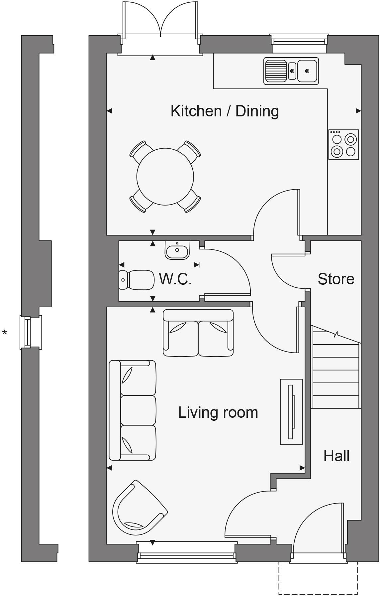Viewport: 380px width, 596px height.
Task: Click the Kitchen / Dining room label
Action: coord(225,111)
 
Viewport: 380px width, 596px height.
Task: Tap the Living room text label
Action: coord(218,412)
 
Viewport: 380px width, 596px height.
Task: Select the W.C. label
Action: coord(175,279)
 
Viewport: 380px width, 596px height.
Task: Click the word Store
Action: coord(336,279)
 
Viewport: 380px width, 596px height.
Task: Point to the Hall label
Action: coord(336,456)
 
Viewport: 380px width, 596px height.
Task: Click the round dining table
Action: coord(165,176)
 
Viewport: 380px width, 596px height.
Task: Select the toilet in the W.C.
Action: coord(137,280)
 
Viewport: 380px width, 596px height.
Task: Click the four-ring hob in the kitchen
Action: coord(344,145)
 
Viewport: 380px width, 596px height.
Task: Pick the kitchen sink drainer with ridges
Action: coord(276,71)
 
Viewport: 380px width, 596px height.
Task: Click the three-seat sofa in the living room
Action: coord(132,410)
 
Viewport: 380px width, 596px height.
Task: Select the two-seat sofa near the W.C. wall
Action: coord(198,333)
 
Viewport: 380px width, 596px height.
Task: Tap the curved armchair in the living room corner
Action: coord(138,509)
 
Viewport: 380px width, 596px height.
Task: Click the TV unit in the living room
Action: coord(291,412)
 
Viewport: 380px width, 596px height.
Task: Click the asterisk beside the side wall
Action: coord(5,333)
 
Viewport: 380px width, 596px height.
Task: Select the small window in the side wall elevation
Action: coord(31,332)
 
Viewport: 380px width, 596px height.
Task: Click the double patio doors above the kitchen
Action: coord(161,23)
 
